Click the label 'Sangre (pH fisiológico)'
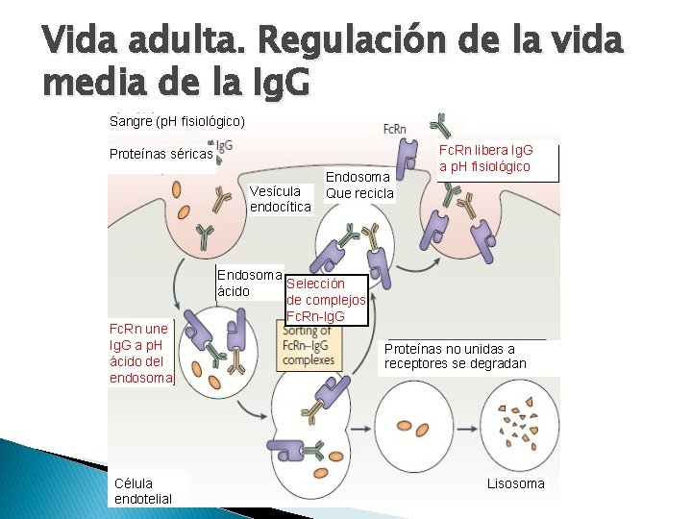point(178,121)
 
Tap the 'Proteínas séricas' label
point(161,154)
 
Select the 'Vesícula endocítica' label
point(280,199)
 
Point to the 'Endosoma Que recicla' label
point(359,185)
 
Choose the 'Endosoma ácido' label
point(249,283)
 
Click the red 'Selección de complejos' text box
point(326,300)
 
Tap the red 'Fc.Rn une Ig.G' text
point(141,353)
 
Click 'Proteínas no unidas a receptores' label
point(455,356)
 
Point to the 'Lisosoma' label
point(515,483)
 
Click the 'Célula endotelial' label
point(142,490)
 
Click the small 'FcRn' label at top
point(394,129)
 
